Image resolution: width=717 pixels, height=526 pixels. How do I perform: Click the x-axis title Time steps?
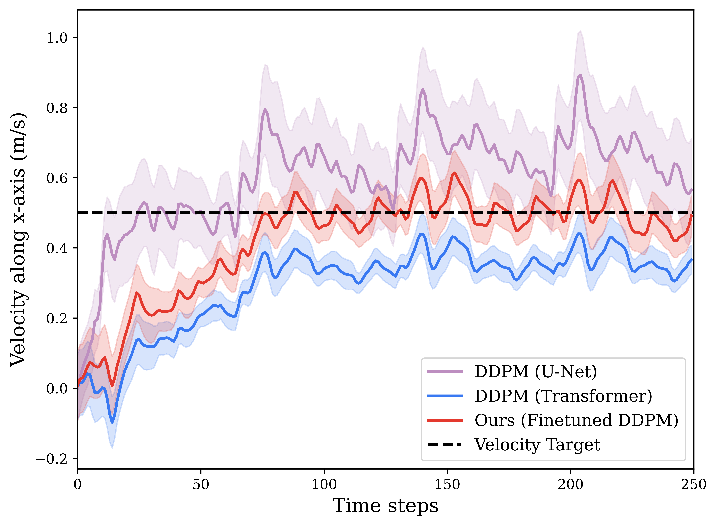click(x=385, y=506)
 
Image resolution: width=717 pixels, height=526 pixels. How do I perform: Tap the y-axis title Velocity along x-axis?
click(x=18, y=239)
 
